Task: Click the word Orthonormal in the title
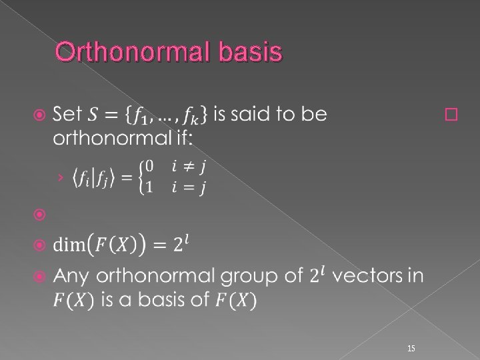[x=132, y=52]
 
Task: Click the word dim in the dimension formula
[x=69, y=245]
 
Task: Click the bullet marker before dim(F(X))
[x=39, y=245]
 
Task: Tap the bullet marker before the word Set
[x=39, y=115]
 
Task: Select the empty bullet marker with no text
[x=39, y=215]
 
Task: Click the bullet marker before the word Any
[x=39, y=275]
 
